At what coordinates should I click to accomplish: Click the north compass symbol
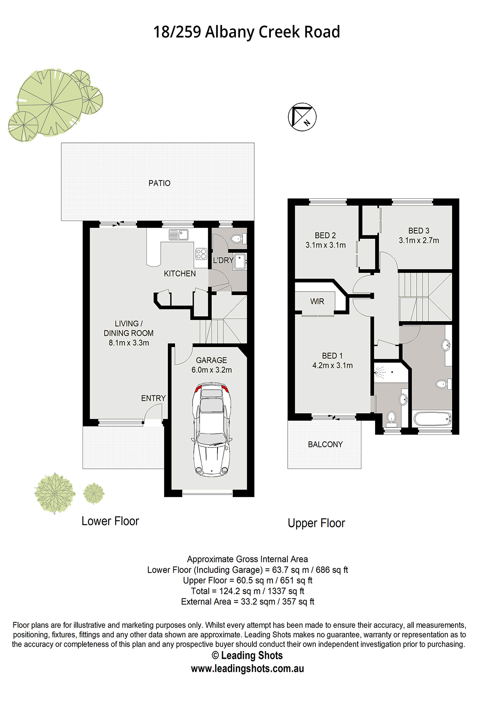click(302, 117)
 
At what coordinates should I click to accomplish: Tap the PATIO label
click(160, 183)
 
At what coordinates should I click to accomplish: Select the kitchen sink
click(179, 235)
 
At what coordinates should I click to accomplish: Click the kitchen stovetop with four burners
click(201, 254)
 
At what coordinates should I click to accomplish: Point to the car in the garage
click(212, 430)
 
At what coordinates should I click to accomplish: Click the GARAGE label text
click(212, 360)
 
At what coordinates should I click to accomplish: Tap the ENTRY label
click(153, 398)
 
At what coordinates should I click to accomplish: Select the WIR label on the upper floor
click(317, 301)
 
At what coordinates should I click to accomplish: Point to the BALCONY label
click(325, 445)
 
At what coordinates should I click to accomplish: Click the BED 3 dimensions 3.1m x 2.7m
click(419, 240)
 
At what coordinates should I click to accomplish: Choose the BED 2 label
click(325, 235)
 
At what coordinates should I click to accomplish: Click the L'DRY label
click(223, 260)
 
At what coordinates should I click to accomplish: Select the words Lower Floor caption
click(110, 521)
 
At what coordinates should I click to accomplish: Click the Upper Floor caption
click(316, 523)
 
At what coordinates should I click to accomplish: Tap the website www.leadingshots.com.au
click(247, 668)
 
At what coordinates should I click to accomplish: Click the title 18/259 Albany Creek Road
click(247, 32)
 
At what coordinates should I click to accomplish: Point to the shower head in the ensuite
click(377, 373)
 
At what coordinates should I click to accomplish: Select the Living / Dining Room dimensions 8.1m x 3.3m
click(129, 343)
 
